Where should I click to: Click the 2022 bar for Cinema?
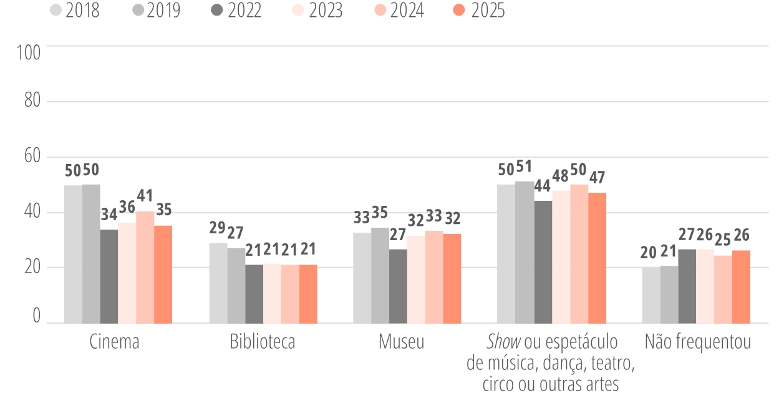(x=109, y=276)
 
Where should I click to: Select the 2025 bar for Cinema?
(x=163, y=274)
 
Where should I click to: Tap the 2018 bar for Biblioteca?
(x=218, y=283)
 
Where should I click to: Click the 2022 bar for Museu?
(x=398, y=286)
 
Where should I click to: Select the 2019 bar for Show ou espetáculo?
(x=525, y=252)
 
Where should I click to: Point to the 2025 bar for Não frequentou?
(x=741, y=287)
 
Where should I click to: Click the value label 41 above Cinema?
(x=145, y=196)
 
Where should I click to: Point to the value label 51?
(x=525, y=167)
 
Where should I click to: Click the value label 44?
(x=543, y=186)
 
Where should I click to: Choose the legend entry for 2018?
(x=75, y=11)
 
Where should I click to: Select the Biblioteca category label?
(x=263, y=342)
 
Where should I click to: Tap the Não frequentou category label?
(x=697, y=342)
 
